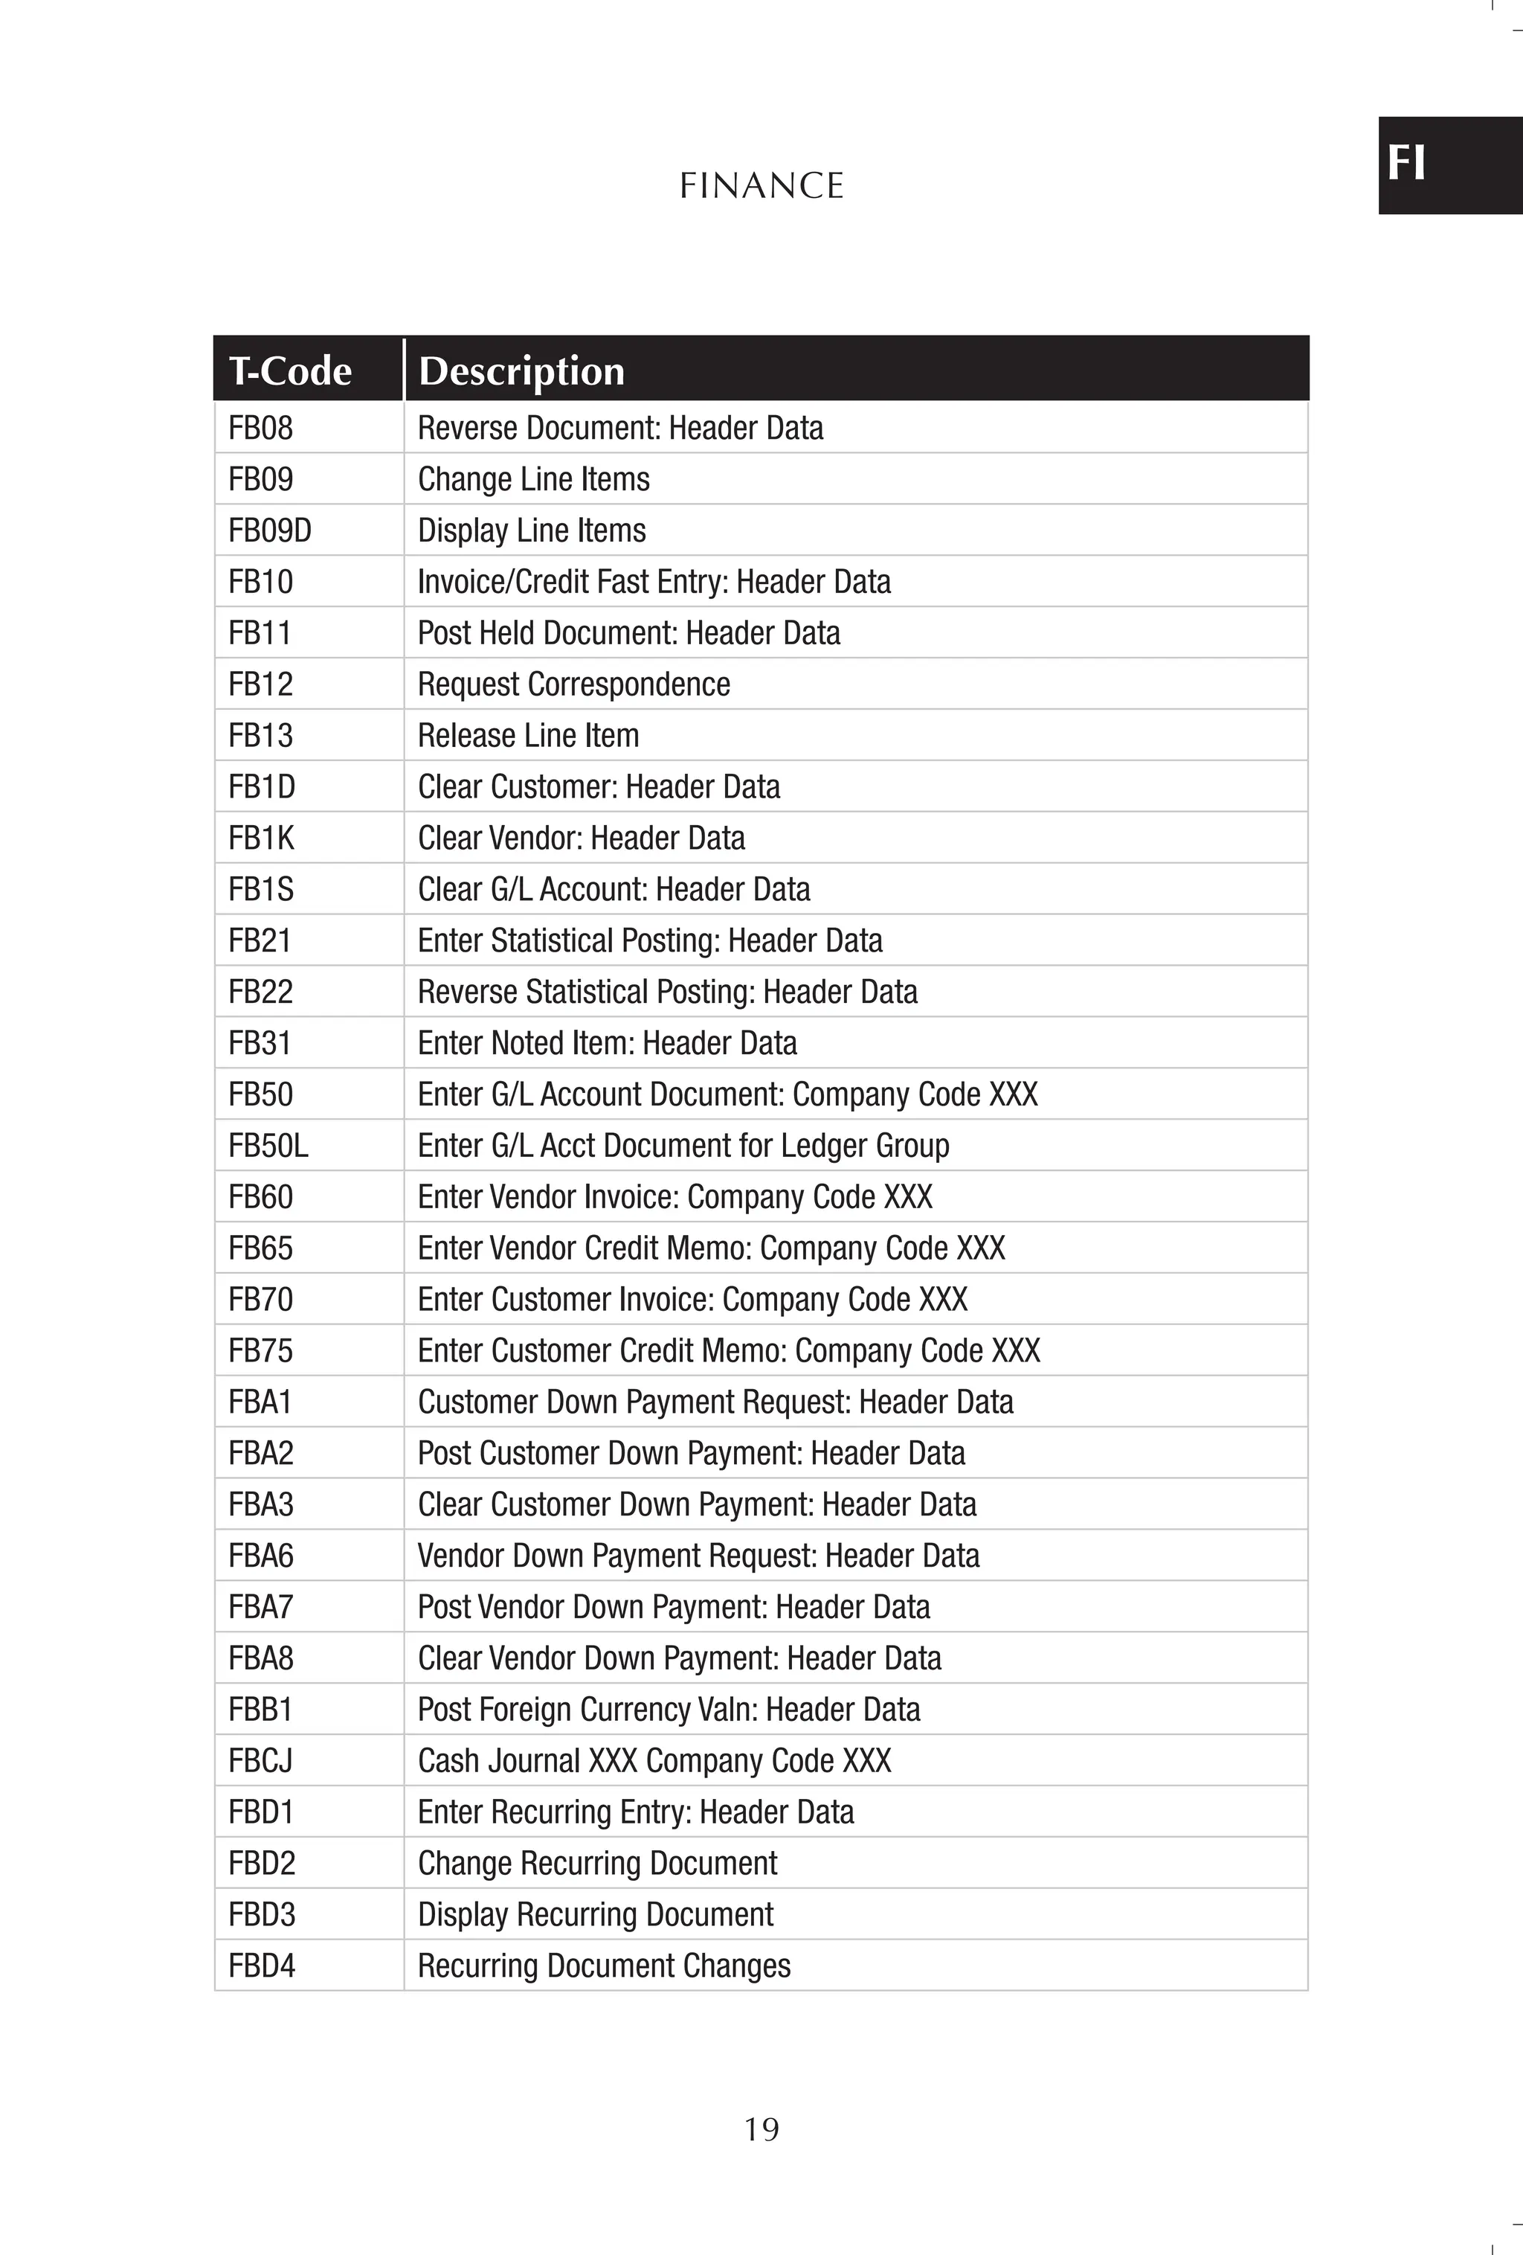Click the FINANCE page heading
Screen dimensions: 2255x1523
point(761,185)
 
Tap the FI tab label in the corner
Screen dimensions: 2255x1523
point(1406,163)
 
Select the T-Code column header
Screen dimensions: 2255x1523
point(290,371)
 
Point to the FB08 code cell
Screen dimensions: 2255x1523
point(260,428)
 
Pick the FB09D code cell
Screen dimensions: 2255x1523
point(270,530)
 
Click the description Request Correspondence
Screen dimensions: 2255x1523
point(573,684)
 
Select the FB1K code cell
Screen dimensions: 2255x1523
point(261,838)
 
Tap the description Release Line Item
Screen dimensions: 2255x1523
point(528,736)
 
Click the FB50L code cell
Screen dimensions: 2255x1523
point(268,1146)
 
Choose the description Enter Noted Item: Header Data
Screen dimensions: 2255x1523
point(608,1043)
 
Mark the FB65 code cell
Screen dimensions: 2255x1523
point(260,1248)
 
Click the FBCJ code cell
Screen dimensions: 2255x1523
point(260,1761)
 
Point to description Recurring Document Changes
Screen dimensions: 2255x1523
point(603,1966)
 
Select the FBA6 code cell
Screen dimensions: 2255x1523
point(260,1556)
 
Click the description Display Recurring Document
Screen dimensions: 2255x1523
point(595,1914)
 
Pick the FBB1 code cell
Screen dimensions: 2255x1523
point(260,1710)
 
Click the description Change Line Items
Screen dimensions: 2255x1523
point(533,479)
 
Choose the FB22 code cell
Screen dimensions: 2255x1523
point(260,992)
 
